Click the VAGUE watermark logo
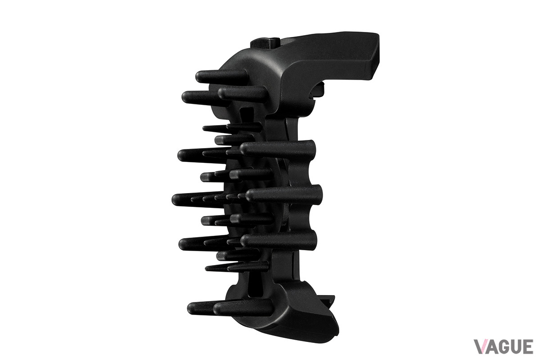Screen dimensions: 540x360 pos(504,346)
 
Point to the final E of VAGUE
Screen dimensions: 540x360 pos(528,346)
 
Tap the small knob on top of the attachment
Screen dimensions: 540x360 pos(265,43)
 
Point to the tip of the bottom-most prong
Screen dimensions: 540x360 pos(192,309)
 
